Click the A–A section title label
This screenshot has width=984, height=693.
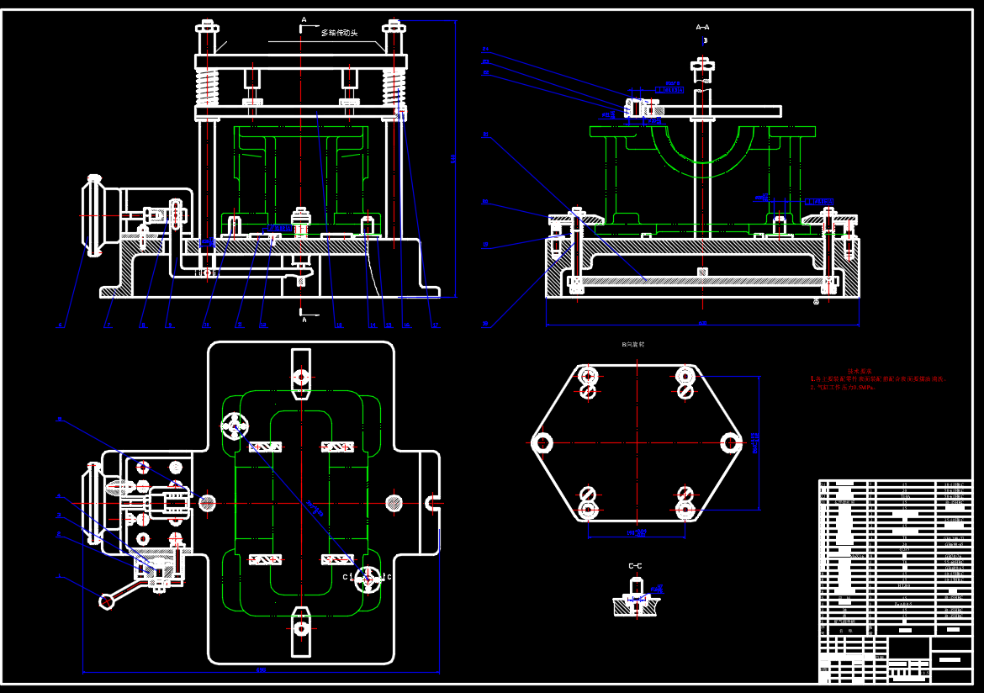point(702,27)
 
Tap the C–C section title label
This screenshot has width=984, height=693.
point(635,566)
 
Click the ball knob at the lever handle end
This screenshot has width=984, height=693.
point(107,600)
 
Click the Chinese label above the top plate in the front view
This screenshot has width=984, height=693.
point(339,33)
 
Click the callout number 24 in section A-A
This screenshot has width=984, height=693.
point(485,202)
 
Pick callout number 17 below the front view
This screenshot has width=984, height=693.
point(435,325)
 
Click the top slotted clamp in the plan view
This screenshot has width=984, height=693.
point(301,375)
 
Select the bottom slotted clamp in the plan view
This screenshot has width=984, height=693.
point(301,627)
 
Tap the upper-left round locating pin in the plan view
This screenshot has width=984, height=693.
point(234,426)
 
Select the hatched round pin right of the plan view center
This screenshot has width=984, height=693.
point(394,503)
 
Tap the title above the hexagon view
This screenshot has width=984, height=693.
point(632,345)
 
